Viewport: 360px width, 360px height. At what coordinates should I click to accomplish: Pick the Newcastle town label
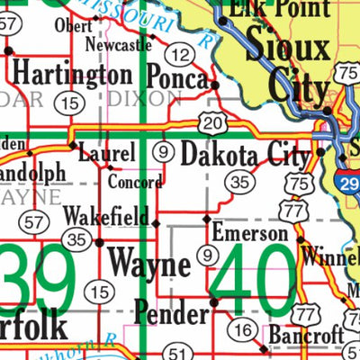[118, 43]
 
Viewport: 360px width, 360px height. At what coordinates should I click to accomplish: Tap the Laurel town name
[106, 155]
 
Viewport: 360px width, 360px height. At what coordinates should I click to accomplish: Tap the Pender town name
[170, 312]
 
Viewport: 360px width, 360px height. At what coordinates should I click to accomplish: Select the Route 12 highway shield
[180, 56]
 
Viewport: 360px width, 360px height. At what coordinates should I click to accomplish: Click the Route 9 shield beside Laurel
[162, 152]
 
